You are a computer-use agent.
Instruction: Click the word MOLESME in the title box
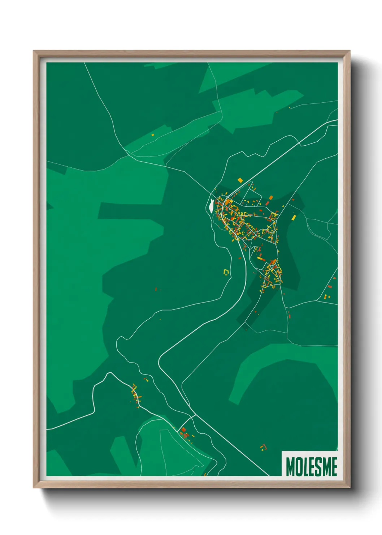coord(312,467)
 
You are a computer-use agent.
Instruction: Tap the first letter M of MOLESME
coord(290,467)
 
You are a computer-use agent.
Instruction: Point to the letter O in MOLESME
coord(300,467)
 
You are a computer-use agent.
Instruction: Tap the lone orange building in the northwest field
coord(153,135)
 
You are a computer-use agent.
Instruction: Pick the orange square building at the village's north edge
coord(240,180)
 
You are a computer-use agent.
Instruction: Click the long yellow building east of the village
coord(294,217)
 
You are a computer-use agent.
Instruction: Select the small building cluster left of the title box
coord(263,448)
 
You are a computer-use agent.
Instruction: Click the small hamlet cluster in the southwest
coord(136,395)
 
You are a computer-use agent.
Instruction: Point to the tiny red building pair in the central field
coord(156,289)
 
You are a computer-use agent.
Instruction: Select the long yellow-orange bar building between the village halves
coord(261,259)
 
